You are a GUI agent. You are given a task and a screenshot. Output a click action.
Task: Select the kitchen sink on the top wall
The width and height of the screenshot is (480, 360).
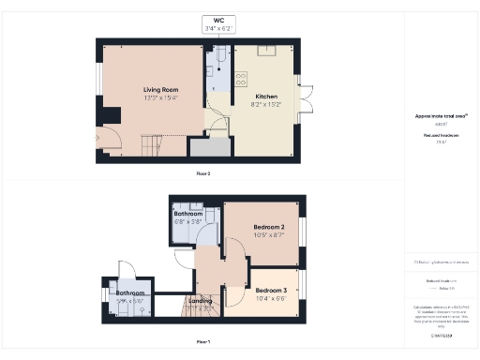tap(265, 50)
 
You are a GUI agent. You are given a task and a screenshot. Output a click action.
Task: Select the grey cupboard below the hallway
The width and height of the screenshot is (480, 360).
tap(210, 147)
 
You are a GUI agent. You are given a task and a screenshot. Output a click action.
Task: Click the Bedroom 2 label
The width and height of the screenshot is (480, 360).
tap(269, 228)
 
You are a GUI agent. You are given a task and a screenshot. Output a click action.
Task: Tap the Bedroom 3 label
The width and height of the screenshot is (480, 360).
tap(271, 290)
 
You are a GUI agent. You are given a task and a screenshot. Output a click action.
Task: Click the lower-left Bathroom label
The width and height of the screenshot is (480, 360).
tap(130, 293)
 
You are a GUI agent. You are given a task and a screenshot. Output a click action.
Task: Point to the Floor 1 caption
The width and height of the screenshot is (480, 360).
tap(202, 342)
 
